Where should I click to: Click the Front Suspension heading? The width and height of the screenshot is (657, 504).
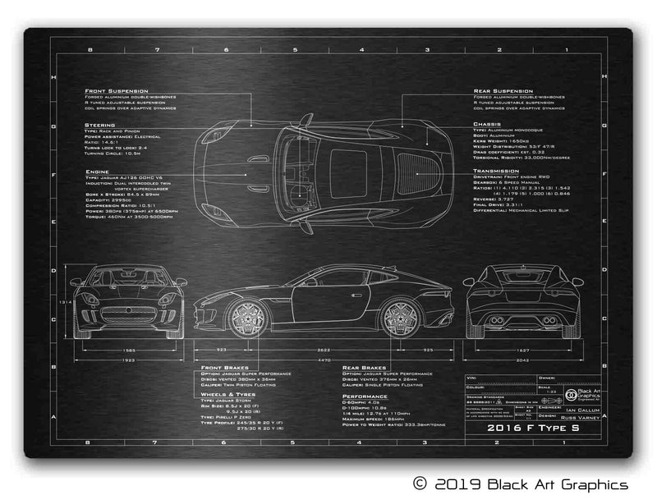pyautogui.click(x=116, y=90)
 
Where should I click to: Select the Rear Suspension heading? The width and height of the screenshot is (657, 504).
pyautogui.click(x=503, y=90)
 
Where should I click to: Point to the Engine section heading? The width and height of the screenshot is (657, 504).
pyautogui.click(x=97, y=172)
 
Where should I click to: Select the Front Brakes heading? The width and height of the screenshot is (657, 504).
pyautogui.click(x=224, y=368)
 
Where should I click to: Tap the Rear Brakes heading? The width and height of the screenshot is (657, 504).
pyautogui.click(x=364, y=368)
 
